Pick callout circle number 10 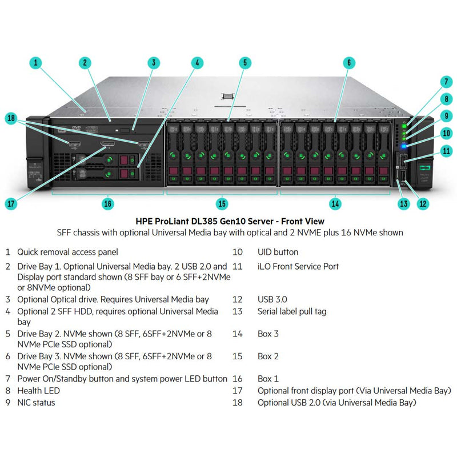coord(446,133)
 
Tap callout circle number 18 coord(12,119)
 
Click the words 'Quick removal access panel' coord(67,251)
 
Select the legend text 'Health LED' coord(38,391)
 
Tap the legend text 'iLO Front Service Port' coord(298,266)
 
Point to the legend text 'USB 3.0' coord(272,299)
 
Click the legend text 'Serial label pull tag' coord(292,311)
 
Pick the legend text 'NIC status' coord(36,402)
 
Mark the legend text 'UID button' coord(278,252)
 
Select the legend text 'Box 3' coord(268,334)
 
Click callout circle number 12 coord(423,203)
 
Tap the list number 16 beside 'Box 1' coord(238,378)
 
